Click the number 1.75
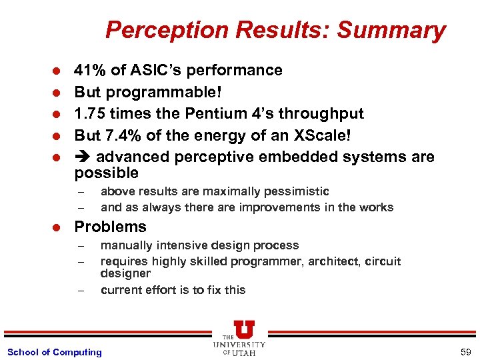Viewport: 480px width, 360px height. point(90,114)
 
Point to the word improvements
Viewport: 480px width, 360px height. point(295,207)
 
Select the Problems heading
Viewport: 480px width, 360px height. point(110,227)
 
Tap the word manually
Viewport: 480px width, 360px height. point(125,245)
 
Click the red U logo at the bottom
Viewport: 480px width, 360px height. point(244,329)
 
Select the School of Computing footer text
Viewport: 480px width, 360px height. point(54,352)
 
